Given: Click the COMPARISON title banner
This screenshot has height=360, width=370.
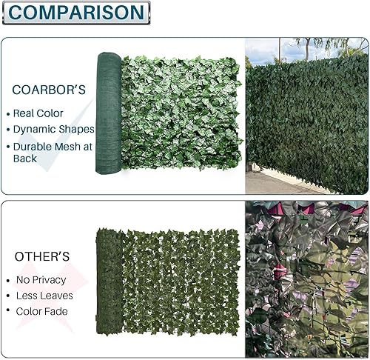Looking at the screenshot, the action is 76,13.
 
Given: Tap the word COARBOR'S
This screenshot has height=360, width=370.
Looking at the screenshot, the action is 49,90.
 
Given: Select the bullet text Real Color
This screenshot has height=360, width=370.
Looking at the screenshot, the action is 38,113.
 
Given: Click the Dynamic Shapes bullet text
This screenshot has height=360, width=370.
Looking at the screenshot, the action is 54,130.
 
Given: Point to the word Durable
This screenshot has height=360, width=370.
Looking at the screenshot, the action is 30,147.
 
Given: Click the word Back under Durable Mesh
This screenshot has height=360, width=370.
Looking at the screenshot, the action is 25,159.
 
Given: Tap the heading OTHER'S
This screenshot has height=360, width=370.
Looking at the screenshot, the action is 42,256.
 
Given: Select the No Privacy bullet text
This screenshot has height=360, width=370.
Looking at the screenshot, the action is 41,280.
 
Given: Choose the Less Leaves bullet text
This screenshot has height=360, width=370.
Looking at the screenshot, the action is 44,296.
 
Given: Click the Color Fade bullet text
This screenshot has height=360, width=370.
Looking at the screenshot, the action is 41,311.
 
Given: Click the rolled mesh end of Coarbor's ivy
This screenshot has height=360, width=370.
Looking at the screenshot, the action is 109,113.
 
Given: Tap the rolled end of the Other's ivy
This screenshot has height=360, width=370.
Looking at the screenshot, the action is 110,281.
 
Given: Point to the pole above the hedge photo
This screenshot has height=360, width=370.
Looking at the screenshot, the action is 280,51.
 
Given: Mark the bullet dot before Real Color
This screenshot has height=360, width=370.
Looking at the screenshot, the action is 8,114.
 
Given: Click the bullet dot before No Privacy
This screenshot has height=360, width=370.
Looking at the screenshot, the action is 8,281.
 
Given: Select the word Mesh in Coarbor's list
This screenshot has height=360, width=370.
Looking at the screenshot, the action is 65,147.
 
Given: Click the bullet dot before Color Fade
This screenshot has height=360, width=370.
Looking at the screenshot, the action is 8,310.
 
